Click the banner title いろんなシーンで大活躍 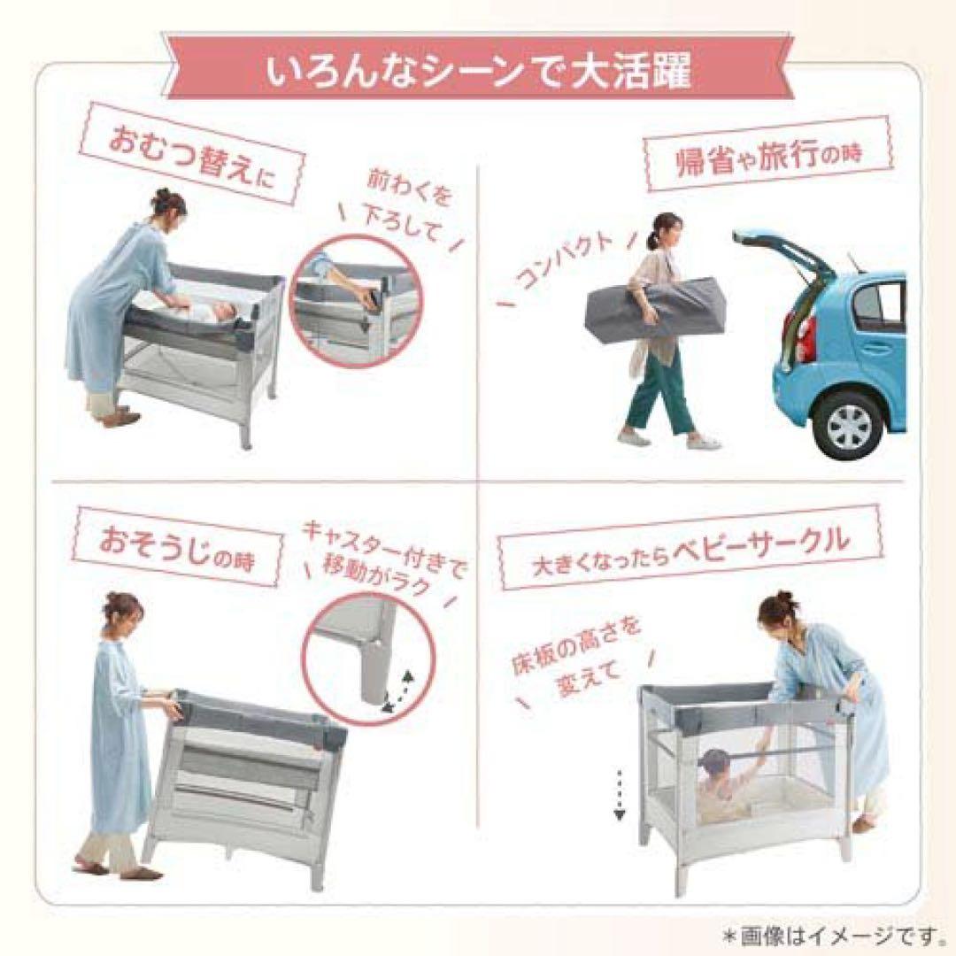(478, 72)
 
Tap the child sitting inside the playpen (722, 783)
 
